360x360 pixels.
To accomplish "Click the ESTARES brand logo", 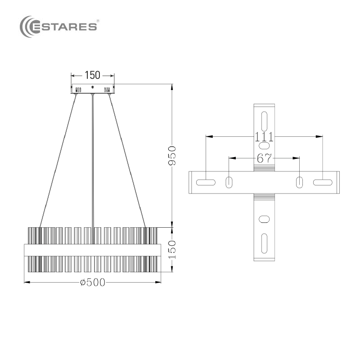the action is pyautogui.click(x=58, y=27).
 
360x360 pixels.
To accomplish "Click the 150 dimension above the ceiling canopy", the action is pyautogui.click(x=93, y=75).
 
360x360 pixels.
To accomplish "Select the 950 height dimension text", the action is pyautogui.click(x=172, y=155).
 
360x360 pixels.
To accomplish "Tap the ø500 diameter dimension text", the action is pyautogui.click(x=93, y=283).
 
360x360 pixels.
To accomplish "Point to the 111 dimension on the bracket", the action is pyautogui.click(x=264, y=137).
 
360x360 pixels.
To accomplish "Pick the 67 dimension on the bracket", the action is pyautogui.click(x=264, y=158).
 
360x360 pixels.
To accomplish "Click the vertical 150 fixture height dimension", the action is pyautogui.click(x=172, y=250).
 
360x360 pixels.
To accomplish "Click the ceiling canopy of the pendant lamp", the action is pyautogui.click(x=93, y=89).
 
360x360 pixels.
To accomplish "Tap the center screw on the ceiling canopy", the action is pyautogui.click(x=93, y=87).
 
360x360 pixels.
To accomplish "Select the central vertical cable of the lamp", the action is pyautogui.click(x=93, y=169).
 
